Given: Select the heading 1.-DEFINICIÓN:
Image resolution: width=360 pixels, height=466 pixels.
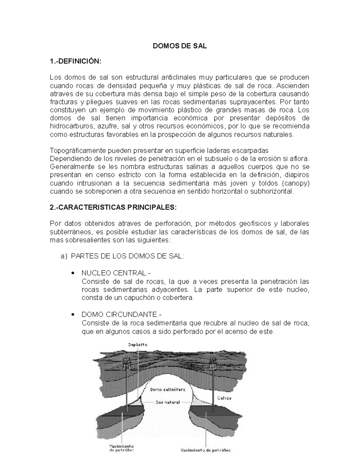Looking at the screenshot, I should [76, 61].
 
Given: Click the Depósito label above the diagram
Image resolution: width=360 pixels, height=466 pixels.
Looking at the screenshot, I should [138, 345].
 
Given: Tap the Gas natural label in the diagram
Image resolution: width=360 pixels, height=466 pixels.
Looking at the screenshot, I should [167, 402].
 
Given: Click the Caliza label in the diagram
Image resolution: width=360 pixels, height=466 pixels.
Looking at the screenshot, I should [224, 398].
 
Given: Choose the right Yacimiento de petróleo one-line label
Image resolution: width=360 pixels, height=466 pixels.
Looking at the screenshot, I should [205, 450].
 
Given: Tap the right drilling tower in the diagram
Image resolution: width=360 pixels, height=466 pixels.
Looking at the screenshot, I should [214, 363].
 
